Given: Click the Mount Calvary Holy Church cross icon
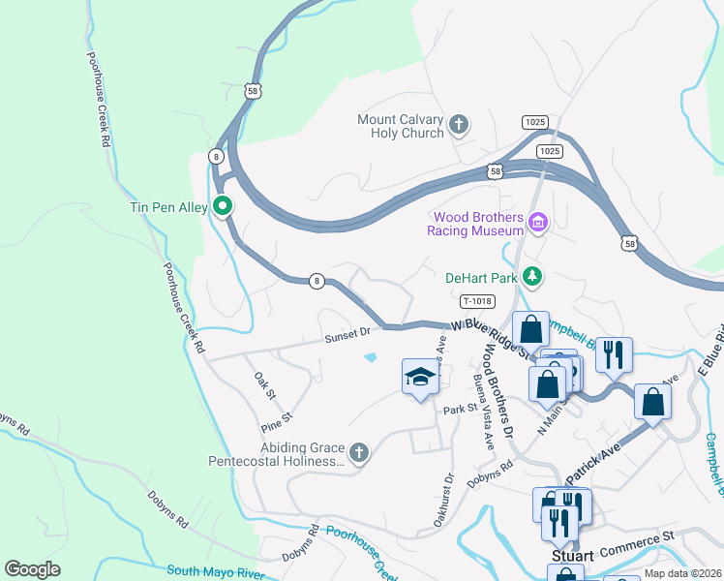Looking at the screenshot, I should [459, 124].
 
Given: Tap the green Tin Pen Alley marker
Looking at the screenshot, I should [222, 205].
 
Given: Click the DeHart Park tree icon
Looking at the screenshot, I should [531, 277].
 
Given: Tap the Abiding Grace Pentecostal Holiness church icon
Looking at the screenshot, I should [358, 451].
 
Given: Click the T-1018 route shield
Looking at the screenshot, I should [478, 301].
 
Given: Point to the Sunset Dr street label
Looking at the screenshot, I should [347, 332].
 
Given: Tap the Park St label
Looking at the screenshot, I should [455, 410].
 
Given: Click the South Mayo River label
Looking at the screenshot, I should [215, 572].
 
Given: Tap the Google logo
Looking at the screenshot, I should [32, 569].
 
